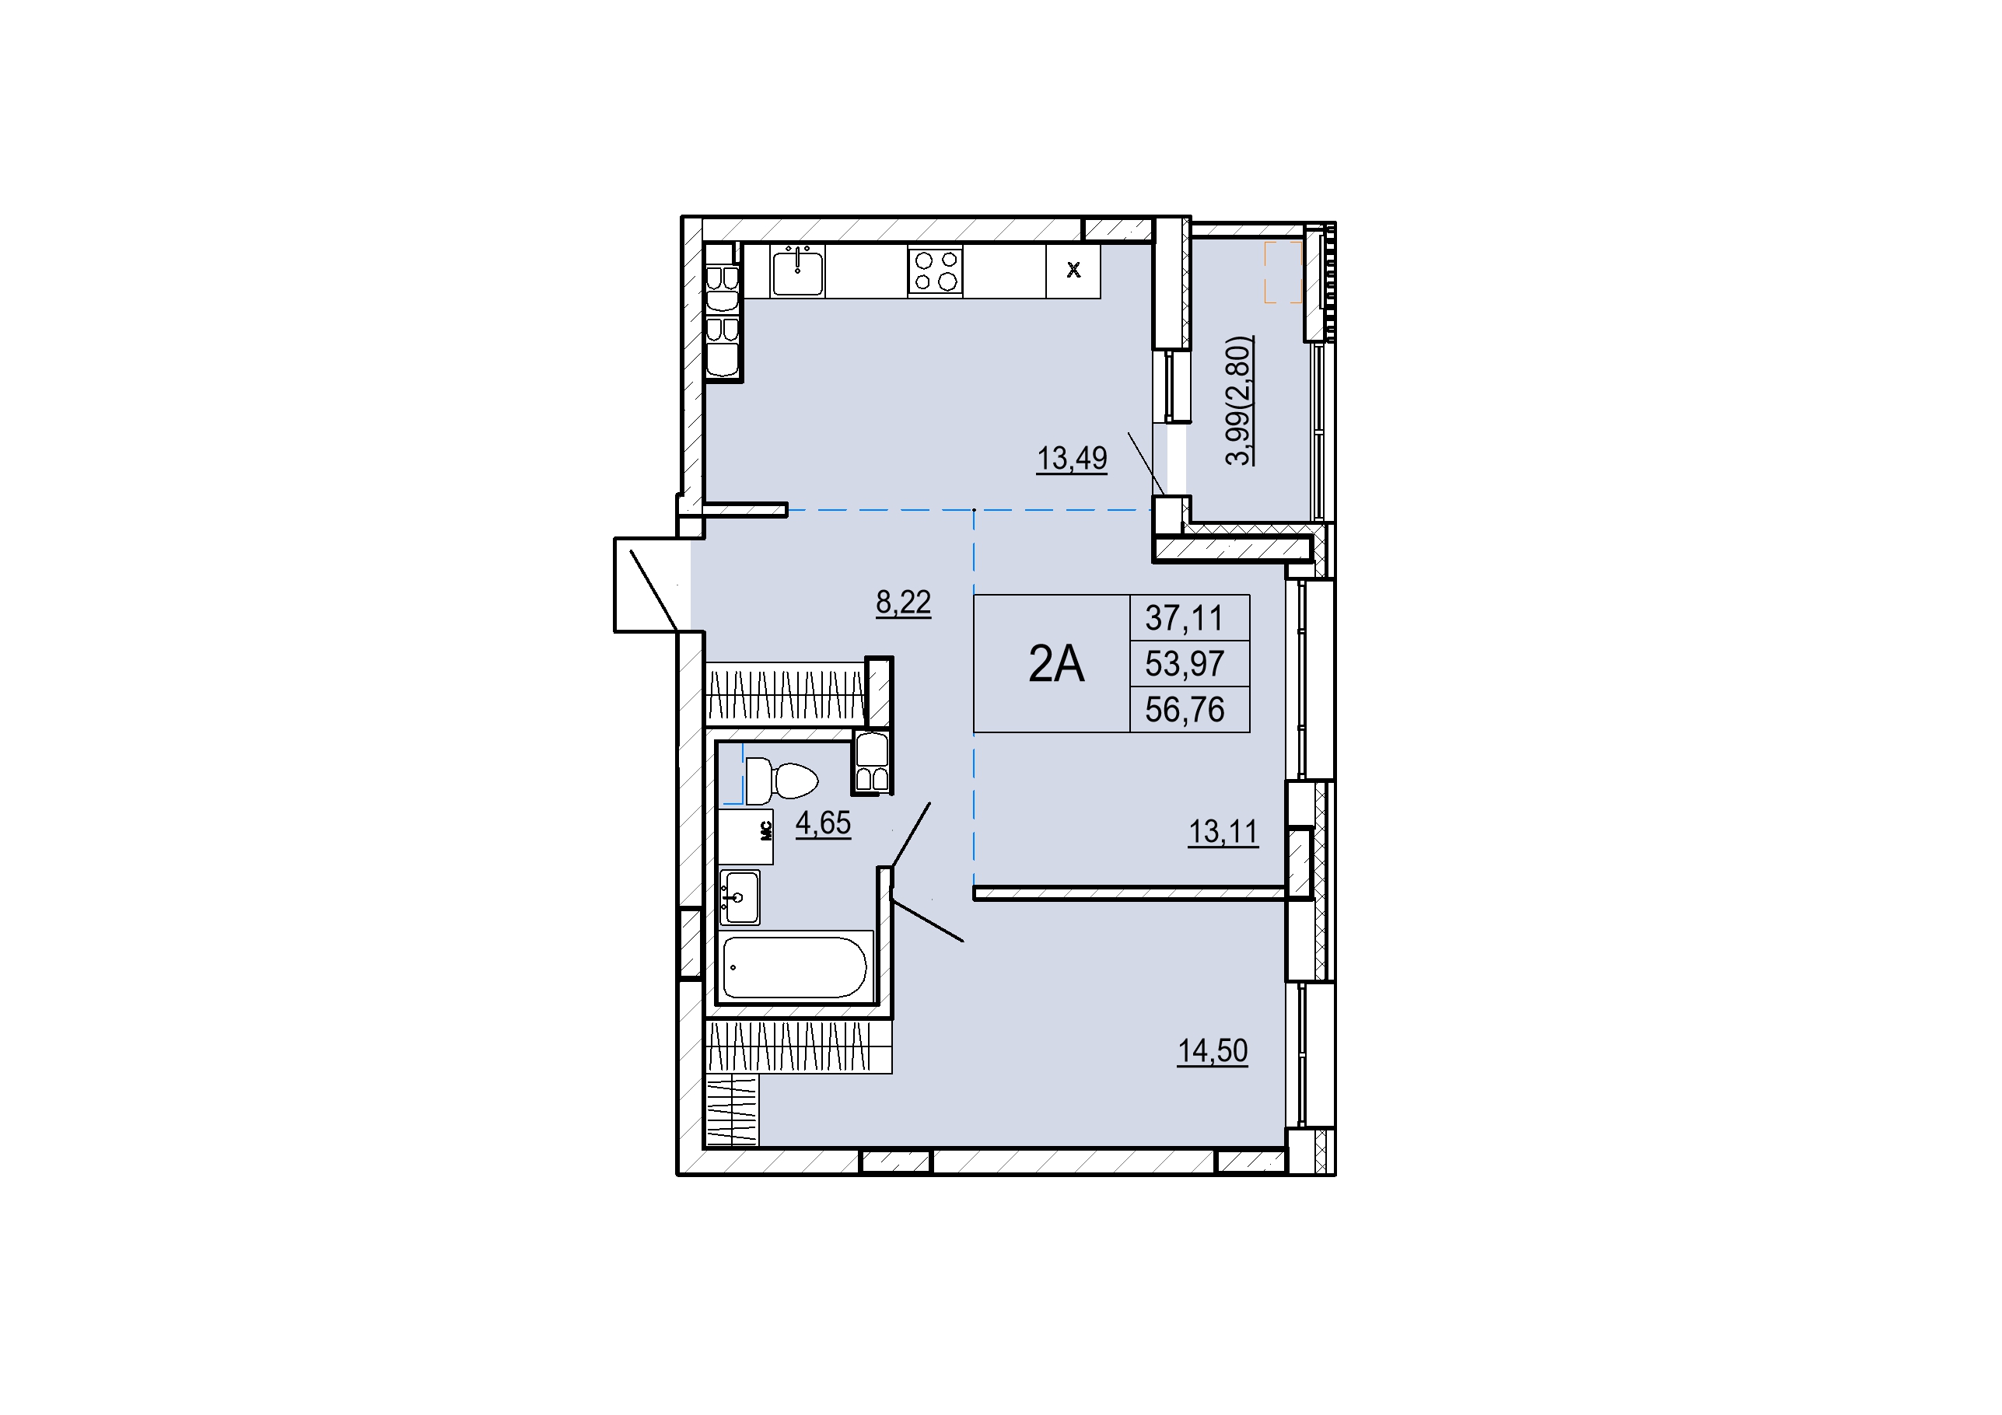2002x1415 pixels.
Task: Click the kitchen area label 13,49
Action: [x=1072, y=458]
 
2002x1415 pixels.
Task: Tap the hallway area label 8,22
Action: [x=903, y=602]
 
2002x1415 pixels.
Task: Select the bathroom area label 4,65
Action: [x=823, y=822]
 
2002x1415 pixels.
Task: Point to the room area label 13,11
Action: [x=1223, y=832]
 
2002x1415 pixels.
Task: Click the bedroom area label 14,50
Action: [x=1213, y=1050]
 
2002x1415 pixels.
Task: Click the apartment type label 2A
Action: [x=1056, y=664]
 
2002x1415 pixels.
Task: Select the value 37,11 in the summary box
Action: [x=1184, y=618]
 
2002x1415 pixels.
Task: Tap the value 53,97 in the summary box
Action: [x=1184, y=664]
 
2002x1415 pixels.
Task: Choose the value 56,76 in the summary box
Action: [x=1184, y=710]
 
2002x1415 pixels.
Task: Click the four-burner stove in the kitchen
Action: [x=935, y=271]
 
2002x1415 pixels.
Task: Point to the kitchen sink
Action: [x=798, y=271]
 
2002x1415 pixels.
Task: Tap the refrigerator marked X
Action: [x=1073, y=271]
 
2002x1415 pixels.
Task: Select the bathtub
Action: [x=794, y=968]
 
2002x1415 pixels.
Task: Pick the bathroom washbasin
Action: [x=740, y=897]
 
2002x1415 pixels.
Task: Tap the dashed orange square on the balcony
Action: [x=1283, y=272]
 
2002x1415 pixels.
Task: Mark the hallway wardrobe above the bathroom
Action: [x=786, y=693]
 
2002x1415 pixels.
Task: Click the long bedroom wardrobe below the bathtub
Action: [x=798, y=1046]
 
